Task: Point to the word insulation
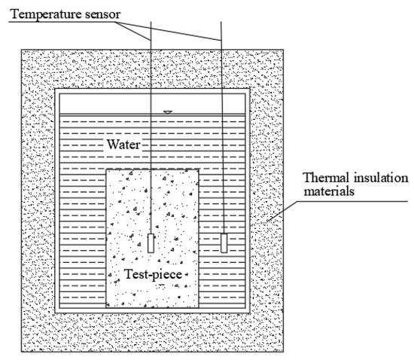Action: click(374, 178)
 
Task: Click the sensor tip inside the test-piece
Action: click(152, 243)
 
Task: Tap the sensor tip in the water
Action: click(223, 243)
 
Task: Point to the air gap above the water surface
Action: click(113, 104)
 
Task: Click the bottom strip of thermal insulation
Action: click(151, 332)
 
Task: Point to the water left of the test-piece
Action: click(83, 226)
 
